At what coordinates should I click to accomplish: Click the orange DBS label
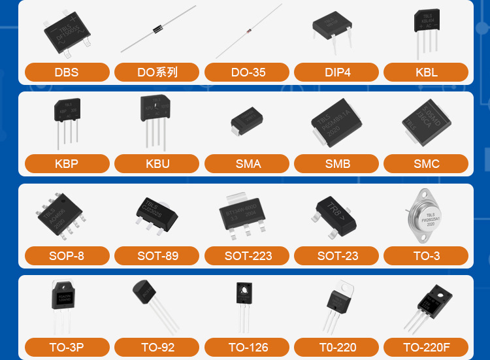[x=67, y=72]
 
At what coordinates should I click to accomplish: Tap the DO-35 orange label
[x=248, y=72]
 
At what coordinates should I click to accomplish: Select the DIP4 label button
[x=337, y=72]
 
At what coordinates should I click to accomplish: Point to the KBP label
[x=67, y=163]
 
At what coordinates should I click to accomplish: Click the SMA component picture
[x=247, y=122]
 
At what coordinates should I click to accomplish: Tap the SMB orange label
[x=337, y=163]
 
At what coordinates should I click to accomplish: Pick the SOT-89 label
[x=157, y=255]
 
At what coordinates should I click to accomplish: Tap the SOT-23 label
[x=337, y=255]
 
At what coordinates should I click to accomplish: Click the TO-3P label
[x=67, y=347]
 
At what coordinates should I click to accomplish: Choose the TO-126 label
[x=248, y=347]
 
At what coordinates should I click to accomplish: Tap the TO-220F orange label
[x=427, y=347]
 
